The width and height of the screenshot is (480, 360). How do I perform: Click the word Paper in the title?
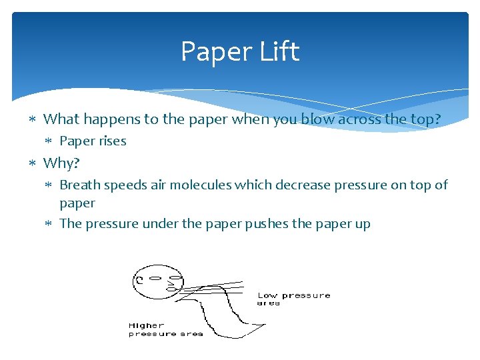click(213, 52)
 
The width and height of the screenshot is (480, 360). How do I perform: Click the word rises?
click(110, 141)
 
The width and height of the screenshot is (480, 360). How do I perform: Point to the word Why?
click(61, 163)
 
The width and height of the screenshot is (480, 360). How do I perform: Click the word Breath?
click(80, 185)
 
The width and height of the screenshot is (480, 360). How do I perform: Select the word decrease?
click(296, 185)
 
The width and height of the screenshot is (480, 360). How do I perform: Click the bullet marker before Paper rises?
click(51, 141)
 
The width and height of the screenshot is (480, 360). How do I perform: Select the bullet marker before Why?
click(34, 163)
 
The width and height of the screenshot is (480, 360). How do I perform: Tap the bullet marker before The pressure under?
click(51, 223)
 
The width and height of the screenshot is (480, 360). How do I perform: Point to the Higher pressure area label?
click(165, 329)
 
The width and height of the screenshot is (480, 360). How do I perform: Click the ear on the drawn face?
click(140, 281)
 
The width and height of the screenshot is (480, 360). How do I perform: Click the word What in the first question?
click(61, 119)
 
